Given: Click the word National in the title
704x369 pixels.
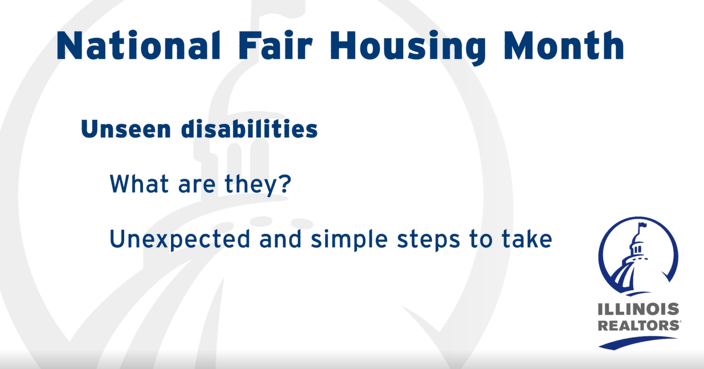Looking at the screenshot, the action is coord(138,45).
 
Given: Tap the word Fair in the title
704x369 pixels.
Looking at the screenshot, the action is coord(275,45).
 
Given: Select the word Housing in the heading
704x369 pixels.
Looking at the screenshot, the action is coord(408,47).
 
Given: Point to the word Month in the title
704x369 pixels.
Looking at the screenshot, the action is coord(564,45).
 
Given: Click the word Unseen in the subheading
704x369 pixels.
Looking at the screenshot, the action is coord(126,129).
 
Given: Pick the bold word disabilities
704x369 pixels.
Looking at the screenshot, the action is coord(249,128).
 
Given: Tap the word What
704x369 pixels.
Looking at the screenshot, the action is coord(140,184).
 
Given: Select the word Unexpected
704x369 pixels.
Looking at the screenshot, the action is coord(179,240).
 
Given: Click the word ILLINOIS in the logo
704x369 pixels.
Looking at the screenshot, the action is coord(638,309).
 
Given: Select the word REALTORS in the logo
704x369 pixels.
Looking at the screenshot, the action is coord(639,325).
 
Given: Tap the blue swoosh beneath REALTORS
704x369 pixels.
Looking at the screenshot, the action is coord(638,343).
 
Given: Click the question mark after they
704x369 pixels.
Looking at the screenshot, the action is coord(285,184).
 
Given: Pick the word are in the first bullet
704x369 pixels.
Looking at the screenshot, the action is coord(197,186).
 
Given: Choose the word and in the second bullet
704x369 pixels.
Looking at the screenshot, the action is coord(280,239).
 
